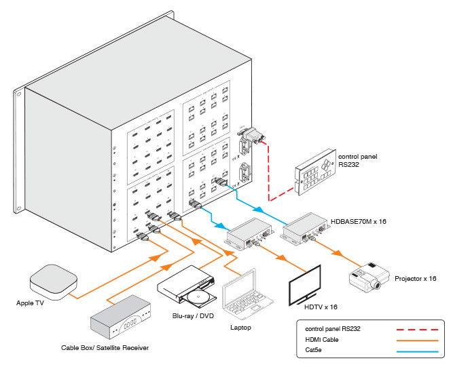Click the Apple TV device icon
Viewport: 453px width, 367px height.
pyautogui.click(x=54, y=282)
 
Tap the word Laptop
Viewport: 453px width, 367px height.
pyautogui.click(x=240, y=328)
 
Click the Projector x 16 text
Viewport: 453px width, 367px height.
pyautogui.click(x=415, y=279)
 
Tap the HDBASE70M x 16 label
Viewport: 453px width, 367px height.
pyautogui.click(x=361, y=221)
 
